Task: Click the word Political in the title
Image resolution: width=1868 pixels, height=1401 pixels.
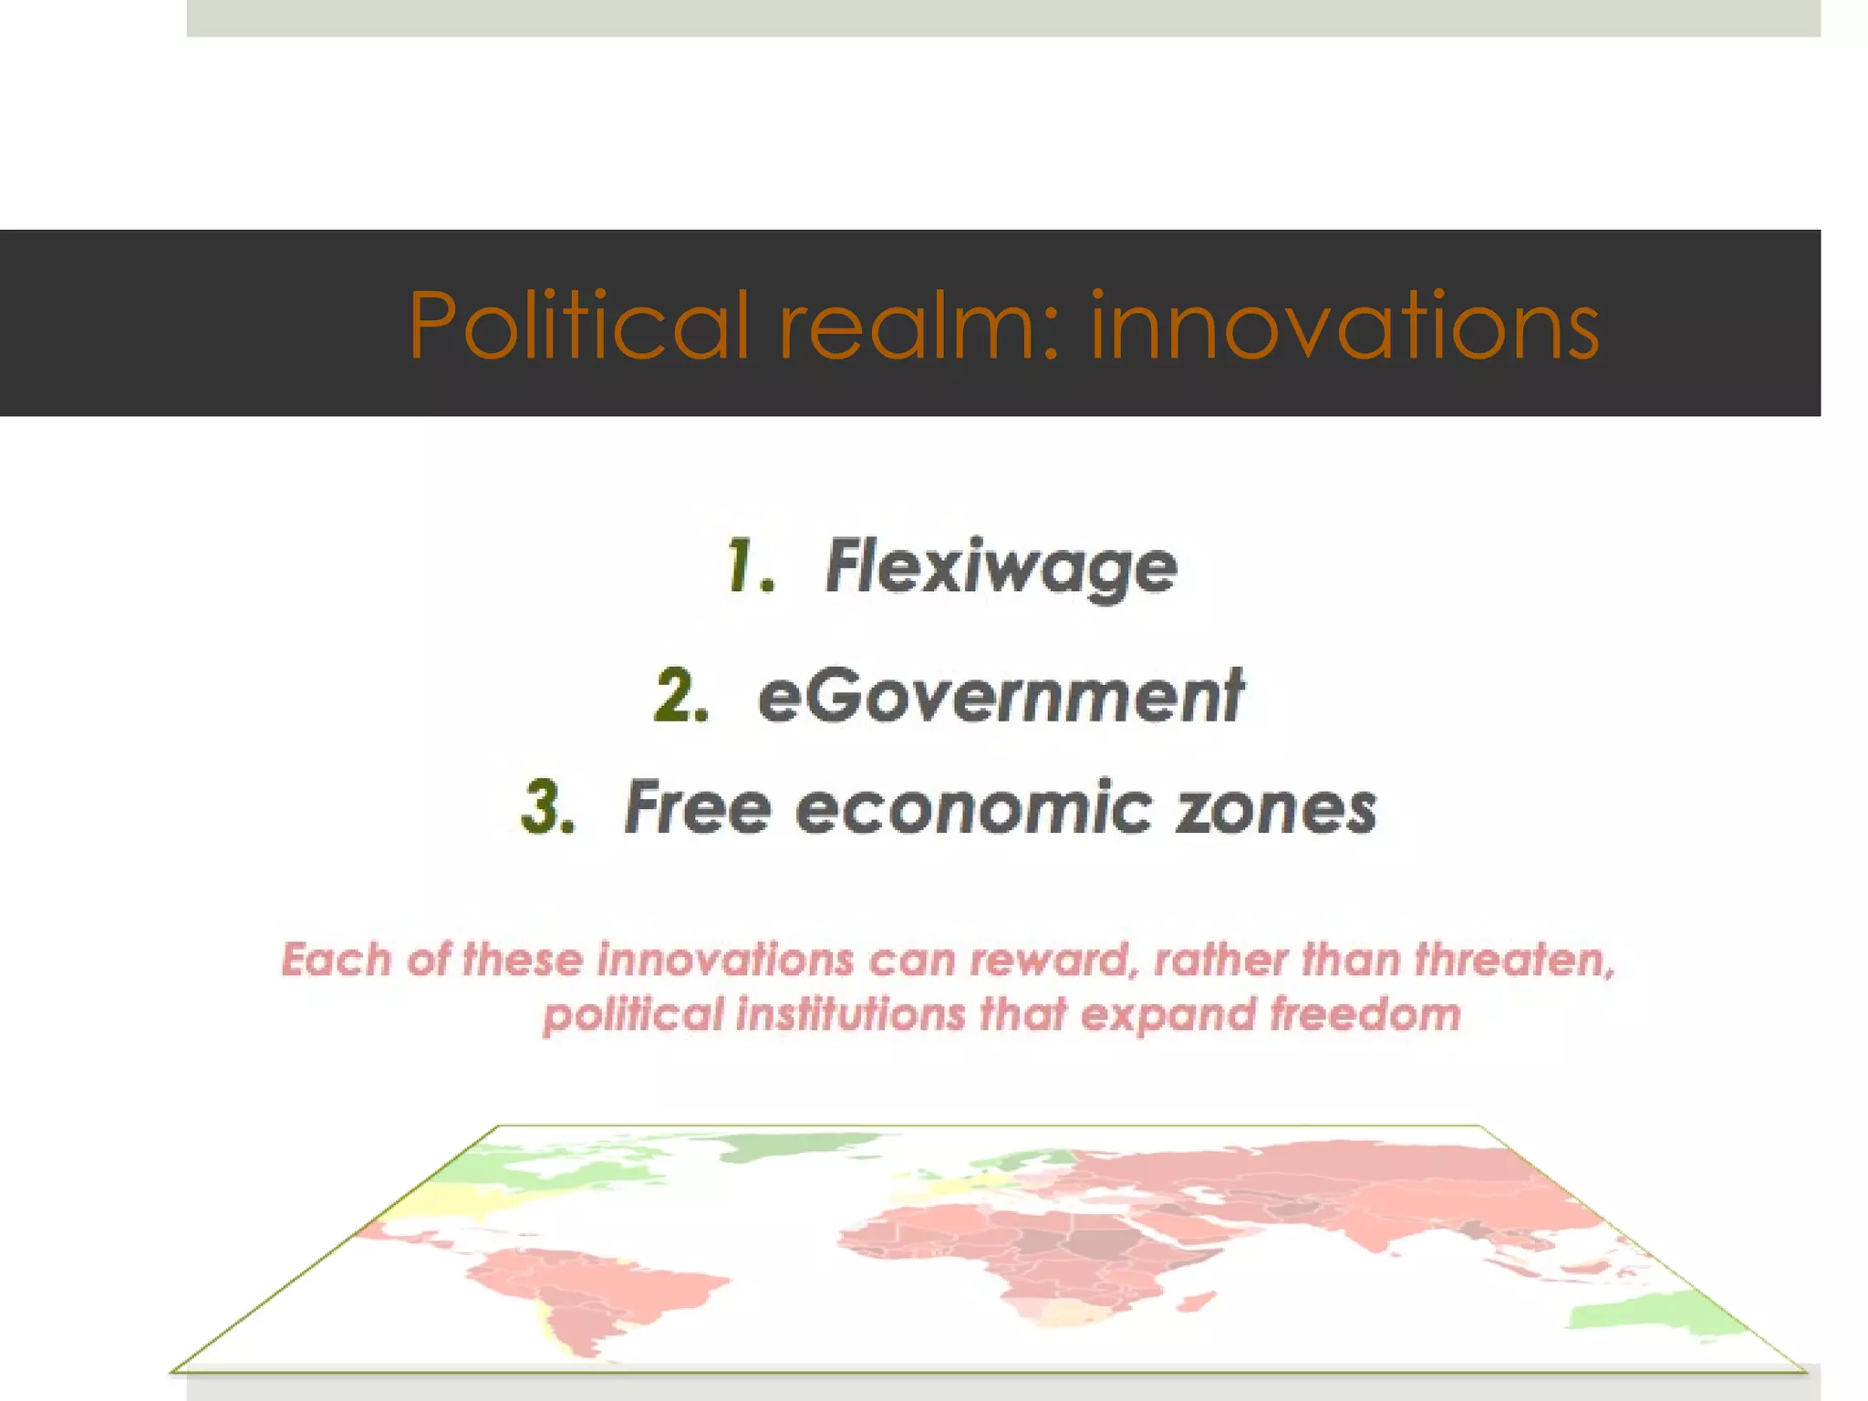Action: (578, 325)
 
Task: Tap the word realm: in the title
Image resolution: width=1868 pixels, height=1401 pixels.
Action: (919, 325)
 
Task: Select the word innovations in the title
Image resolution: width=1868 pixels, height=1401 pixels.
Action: (1344, 325)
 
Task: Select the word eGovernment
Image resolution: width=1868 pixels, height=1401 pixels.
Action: (1001, 697)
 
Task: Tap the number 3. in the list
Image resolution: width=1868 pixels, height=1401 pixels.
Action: (549, 808)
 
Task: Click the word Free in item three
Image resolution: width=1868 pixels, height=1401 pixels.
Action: (698, 808)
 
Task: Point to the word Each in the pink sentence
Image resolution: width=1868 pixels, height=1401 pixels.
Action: (336, 960)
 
